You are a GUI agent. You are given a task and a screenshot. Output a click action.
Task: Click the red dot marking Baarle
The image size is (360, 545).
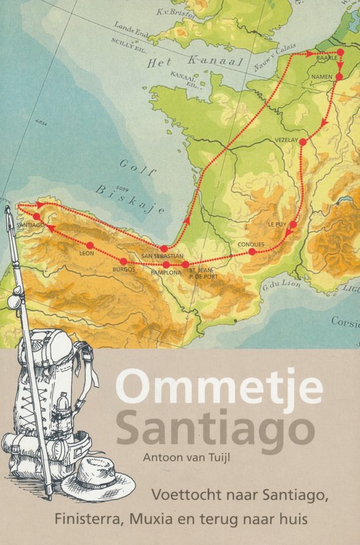[340, 52]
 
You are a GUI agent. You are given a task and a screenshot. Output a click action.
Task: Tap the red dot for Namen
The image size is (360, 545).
[339, 77]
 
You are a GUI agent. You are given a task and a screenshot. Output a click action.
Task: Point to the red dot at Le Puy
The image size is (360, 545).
[293, 225]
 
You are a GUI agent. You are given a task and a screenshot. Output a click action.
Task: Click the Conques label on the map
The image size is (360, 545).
[251, 245]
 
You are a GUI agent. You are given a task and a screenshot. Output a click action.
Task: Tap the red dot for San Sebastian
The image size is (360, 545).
[164, 249]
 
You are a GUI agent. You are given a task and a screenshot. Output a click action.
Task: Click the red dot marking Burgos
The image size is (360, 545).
[123, 260]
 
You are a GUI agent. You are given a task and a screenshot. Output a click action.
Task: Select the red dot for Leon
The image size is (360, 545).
[90, 245]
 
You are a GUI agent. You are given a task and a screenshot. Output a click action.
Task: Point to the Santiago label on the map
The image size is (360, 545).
[31, 224]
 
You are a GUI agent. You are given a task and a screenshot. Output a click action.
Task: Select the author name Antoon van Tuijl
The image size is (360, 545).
[194, 459]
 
